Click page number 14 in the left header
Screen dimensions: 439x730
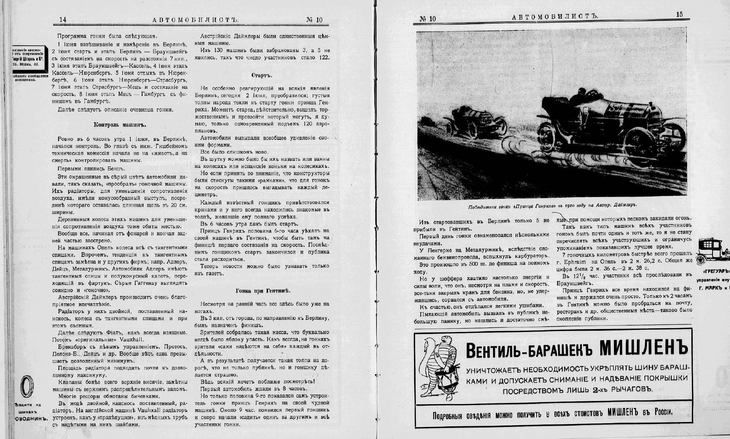(x=63, y=20)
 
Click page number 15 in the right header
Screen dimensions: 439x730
(x=679, y=15)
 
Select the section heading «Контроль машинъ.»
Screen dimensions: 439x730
(x=120, y=124)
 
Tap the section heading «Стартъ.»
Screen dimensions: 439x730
(x=262, y=76)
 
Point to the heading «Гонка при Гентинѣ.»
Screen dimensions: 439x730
(x=263, y=290)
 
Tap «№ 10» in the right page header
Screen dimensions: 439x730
(x=428, y=19)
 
